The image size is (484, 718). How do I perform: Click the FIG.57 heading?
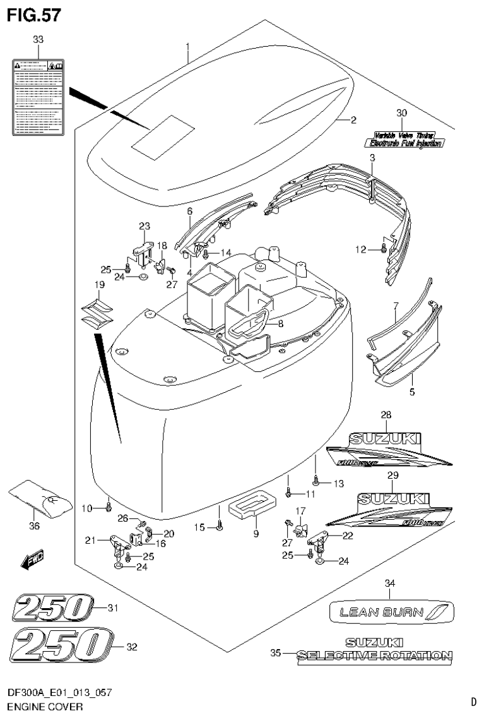(x=34, y=15)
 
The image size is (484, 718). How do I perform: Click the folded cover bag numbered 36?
(x=38, y=496)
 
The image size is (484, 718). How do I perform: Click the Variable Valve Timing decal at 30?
(x=403, y=139)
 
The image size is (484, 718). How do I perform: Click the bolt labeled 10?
(x=109, y=506)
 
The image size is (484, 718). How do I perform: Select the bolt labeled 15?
(x=218, y=525)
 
